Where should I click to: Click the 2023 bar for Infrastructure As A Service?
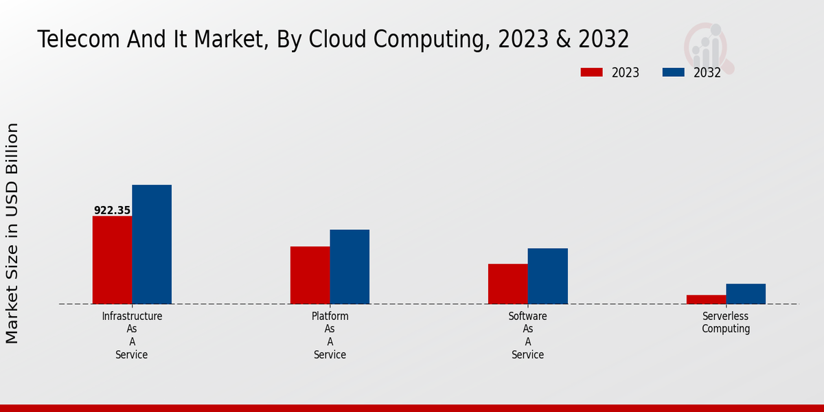click(112, 260)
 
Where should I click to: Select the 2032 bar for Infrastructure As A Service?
click(152, 244)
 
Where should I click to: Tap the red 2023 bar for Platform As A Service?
click(310, 275)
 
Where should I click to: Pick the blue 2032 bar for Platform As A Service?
click(350, 266)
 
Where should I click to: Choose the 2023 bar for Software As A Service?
click(508, 284)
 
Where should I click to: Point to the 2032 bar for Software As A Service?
click(548, 276)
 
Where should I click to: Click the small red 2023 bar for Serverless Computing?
click(706, 299)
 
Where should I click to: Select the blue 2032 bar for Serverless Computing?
click(746, 294)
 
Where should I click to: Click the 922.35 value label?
click(112, 211)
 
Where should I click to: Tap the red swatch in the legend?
click(591, 72)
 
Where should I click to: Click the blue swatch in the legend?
click(673, 72)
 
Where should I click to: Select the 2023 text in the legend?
click(626, 73)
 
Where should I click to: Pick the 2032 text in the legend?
click(707, 73)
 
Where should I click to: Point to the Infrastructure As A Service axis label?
click(132, 335)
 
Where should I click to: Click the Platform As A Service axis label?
click(330, 335)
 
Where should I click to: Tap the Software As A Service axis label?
click(528, 335)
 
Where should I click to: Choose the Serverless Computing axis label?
click(726, 323)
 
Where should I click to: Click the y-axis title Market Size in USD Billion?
click(12, 233)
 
